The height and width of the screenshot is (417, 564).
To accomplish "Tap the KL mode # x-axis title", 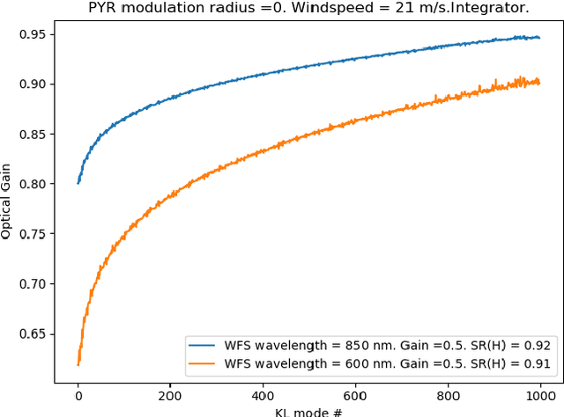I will (308, 411).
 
